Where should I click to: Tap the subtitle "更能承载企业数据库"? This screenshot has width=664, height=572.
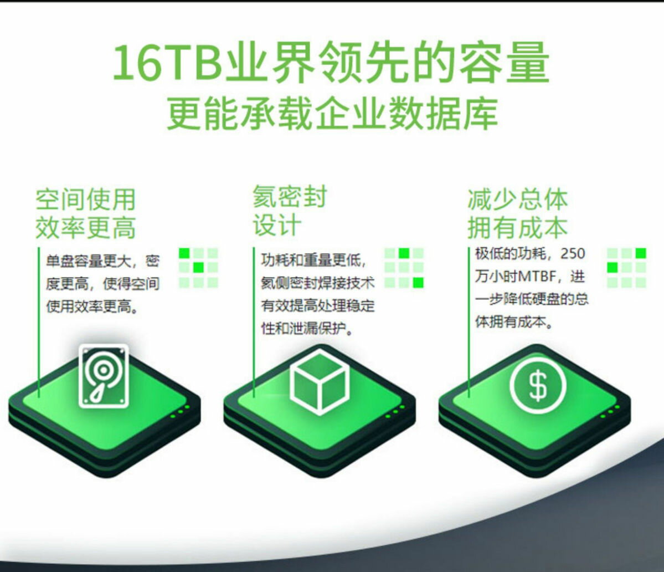coord(332,114)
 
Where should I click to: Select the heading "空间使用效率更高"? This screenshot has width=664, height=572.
coord(85,213)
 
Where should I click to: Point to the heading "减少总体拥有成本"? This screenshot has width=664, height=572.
coord(517,213)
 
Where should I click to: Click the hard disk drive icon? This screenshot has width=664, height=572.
coord(104,375)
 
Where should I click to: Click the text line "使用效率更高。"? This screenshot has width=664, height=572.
coord(92,307)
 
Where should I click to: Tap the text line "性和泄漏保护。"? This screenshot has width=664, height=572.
coord(307,329)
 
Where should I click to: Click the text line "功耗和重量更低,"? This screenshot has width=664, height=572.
coord(313,260)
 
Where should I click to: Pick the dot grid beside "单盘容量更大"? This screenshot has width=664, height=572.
coord(198,268)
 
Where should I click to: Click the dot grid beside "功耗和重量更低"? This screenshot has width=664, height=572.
coord(404,268)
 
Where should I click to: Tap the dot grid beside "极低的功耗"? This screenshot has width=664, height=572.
coord(626,268)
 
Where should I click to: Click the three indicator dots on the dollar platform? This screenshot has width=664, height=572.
coord(610,411)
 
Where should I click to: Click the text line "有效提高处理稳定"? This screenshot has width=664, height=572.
coord(318,305)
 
